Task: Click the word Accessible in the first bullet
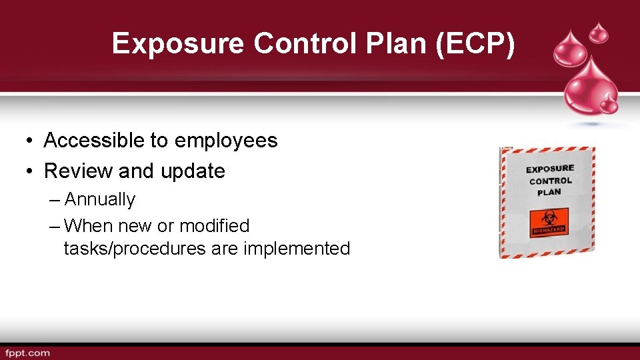pos(93,141)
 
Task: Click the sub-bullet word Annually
pos(99,199)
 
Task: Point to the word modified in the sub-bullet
pos(214,226)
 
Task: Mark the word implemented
pos(297,249)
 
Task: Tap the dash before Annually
pos(55,200)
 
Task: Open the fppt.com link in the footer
pos(27,353)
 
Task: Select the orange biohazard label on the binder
pos(549,222)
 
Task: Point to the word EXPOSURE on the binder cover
pos(550,169)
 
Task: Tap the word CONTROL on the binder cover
pos(551,181)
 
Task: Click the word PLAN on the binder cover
pos(549,193)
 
